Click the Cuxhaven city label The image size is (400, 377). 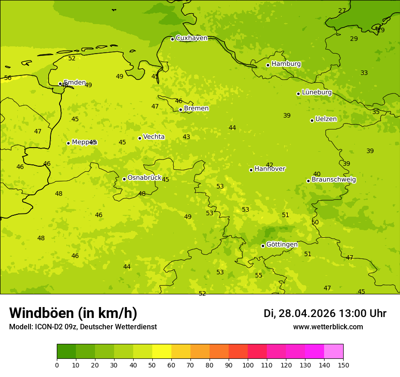pos(191,38)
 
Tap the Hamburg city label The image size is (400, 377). pos(286,64)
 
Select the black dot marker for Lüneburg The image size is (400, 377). pos(298,94)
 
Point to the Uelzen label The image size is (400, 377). pos(326,119)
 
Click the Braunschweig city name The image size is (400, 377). pos(334,180)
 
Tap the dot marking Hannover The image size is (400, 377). pos(251,170)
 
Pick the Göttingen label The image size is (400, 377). pos(282,245)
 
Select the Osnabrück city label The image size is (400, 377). pos(144,178)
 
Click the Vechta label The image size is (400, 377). pos(154,137)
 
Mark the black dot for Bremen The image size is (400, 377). pos(180,109)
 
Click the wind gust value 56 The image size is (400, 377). pos(8,78)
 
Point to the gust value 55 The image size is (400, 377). pos(259,276)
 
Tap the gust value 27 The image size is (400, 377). pos(342,11)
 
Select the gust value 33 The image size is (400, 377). pos(364,73)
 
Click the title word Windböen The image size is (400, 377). pos(41,313)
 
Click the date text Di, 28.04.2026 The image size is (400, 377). pos(299,313)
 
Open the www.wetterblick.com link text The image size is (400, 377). pos(328,327)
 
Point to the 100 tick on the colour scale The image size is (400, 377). pos(248,365)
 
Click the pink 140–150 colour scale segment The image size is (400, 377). pos(334,352)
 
